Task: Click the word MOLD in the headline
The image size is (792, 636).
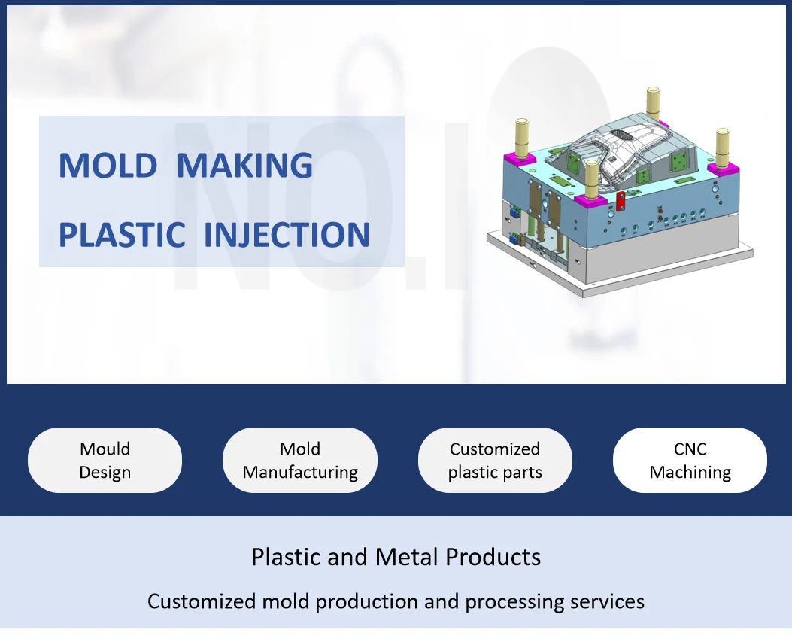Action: (108, 166)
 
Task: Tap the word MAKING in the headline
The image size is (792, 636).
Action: (244, 166)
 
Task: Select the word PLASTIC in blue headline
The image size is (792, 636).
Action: (122, 235)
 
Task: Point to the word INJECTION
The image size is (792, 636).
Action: (287, 235)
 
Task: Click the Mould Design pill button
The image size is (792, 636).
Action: (105, 461)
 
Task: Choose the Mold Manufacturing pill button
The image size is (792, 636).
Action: (300, 461)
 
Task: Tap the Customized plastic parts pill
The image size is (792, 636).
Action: (495, 461)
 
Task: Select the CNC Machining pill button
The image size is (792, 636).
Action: (690, 461)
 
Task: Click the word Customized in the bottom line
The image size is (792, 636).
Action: (202, 601)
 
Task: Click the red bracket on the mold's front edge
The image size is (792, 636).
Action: (621, 200)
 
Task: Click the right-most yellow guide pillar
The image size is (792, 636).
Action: (722, 147)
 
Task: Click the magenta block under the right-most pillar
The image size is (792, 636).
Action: (723, 169)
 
